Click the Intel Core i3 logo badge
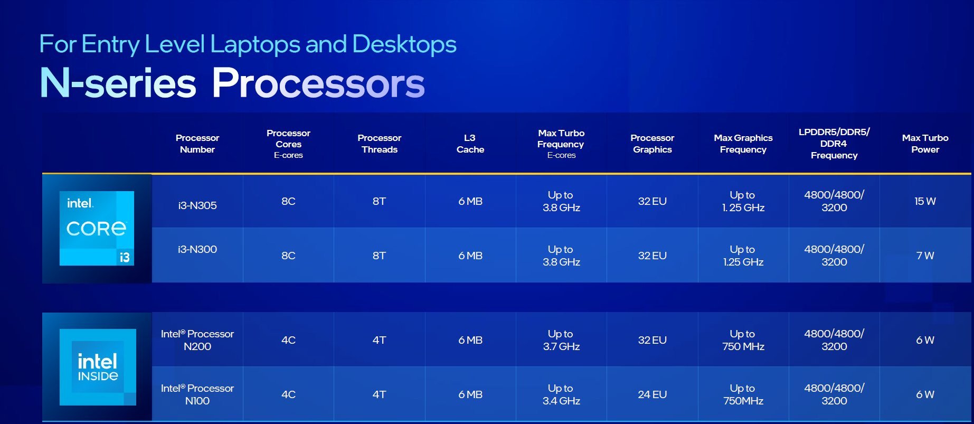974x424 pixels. tap(97, 228)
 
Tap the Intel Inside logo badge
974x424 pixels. tap(98, 367)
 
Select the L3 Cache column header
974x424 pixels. tap(470, 144)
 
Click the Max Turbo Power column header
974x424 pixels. tap(925, 144)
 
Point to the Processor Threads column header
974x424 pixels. tap(379, 144)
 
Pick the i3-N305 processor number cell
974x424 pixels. tap(197, 205)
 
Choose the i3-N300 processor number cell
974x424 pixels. tap(197, 249)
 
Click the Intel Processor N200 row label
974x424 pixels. tap(197, 340)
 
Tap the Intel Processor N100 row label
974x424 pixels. tap(197, 394)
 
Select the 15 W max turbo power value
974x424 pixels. tap(925, 201)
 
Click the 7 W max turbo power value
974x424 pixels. tap(925, 256)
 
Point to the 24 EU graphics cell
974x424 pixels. tap(652, 394)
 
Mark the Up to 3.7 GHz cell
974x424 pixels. tap(561, 340)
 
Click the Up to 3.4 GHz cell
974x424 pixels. tap(561, 394)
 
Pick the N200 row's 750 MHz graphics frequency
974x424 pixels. tap(743, 340)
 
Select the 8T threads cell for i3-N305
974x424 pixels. tap(379, 201)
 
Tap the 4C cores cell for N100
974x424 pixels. tap(288, 394)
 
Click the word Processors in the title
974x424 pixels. tap(318, 83)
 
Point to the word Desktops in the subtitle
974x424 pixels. tap(404, 44)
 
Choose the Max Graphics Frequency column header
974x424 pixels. tap(743, 144)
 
